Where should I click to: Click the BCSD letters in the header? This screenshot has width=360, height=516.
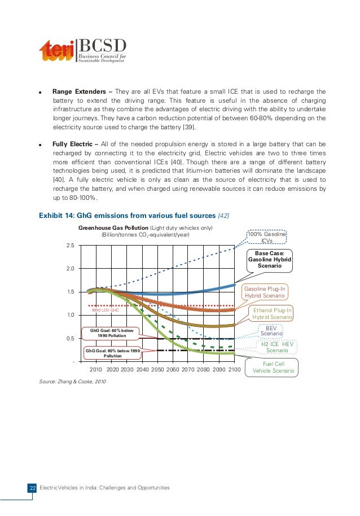pos(102,46)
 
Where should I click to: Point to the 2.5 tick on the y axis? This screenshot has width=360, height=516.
pos(71,246)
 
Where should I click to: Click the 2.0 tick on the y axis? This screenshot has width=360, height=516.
pos(71,269)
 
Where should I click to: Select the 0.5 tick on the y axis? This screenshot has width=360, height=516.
pos(71,339)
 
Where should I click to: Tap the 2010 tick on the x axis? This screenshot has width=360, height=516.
pos(96,369)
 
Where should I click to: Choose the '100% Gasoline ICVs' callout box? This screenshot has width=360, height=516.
pos(267,238)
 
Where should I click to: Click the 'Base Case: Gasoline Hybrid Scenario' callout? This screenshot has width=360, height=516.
pos(269,259)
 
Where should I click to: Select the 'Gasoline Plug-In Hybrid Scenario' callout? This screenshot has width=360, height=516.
pos(265,292)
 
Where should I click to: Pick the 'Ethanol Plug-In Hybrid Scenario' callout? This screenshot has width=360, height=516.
pos(273,313)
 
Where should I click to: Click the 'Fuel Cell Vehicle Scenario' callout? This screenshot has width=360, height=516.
pos(274,368)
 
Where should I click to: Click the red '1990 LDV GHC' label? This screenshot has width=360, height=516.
pos(106,310)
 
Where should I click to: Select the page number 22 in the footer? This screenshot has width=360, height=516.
pos(32,488)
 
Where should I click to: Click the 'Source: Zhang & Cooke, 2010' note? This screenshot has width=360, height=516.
pos(72,382)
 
